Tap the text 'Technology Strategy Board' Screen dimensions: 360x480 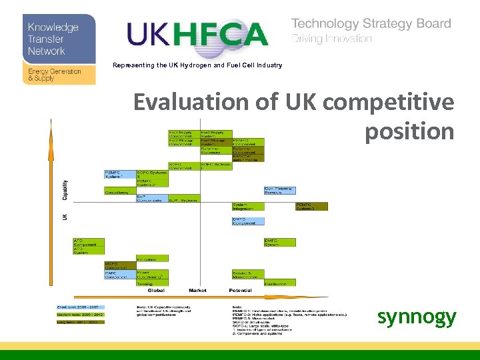[371, 23]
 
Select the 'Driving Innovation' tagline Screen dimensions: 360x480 [331, 39]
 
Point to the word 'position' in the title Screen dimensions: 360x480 [409, 132]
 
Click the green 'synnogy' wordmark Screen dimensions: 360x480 [417, 317]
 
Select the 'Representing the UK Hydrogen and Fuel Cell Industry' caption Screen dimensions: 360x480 [197, 65]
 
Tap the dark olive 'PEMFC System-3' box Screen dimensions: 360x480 [311, 206]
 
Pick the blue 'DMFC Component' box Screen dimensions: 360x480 [248, 221]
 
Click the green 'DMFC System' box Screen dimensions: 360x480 [280, 243]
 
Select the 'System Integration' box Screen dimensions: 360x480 [248, 206]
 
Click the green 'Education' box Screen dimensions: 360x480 [151, 259]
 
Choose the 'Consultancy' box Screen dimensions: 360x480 [120, 192]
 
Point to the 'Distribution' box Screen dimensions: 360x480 [280, 283]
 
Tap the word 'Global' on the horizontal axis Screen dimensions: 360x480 [155, 290]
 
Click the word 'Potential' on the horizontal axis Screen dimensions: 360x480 [239, 290]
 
